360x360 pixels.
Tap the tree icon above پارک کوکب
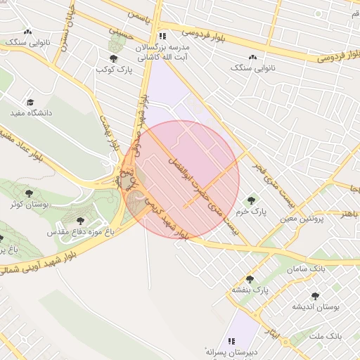click(113, 58)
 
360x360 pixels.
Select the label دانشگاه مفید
click(28, 112)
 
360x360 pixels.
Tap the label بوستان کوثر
click(29, 204)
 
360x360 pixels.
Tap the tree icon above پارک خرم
click(250, 200)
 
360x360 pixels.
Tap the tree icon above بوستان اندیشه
click(314, 297)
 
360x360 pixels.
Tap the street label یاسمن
click(139, 15)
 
